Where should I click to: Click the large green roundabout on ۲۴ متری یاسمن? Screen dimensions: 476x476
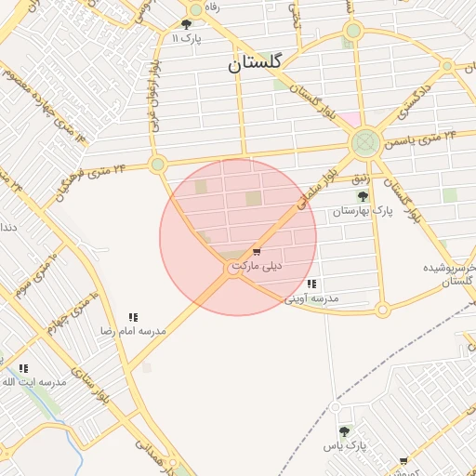tap(364, 143)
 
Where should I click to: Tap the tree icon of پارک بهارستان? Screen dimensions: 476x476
tap(363, 197)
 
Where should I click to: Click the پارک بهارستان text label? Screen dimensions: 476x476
tap(364, 212)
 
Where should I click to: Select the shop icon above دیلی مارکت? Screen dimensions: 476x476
tap(257, 252)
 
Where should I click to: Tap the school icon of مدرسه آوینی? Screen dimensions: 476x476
tap(311, 284)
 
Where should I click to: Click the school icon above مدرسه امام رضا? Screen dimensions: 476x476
tap(133, 316)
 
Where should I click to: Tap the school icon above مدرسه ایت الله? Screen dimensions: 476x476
tap(22, 368)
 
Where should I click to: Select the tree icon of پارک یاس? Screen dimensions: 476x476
tap(345, 431)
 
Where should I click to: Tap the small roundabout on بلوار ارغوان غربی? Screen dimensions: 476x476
tap(158, 165)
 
